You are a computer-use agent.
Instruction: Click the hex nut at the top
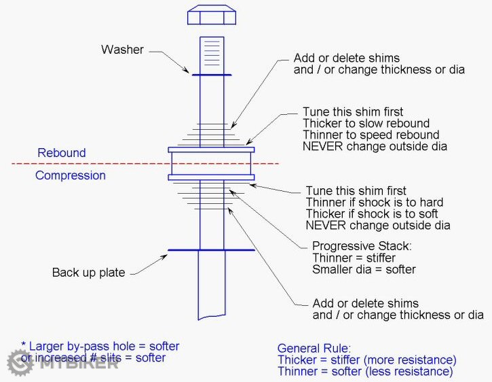click(211, 15)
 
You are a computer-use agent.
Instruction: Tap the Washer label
click(122, 50)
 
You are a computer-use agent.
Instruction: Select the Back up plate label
click(88, 273)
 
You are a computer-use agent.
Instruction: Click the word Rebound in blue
click(62, 153)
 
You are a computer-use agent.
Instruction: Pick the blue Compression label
click(71, 175)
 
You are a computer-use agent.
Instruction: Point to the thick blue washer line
click(211, 75)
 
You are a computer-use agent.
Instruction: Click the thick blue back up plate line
click(211, 250)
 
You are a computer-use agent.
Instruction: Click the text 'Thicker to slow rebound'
click(366, 123)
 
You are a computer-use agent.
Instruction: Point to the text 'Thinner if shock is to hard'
click(375, 202)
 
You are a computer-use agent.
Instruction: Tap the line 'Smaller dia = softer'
click(364, 269)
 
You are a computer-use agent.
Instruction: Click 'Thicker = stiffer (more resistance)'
click(367, 360)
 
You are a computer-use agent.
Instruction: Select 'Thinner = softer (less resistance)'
click(365, 371)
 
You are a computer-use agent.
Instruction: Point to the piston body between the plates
click(211, 163)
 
